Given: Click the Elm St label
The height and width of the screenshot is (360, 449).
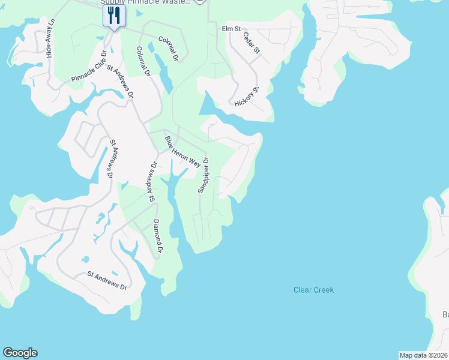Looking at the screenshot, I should [x=231, y=28].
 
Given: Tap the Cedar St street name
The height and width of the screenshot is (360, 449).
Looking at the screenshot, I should [x=251, y=44].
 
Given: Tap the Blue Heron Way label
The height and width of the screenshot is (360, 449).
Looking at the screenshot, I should [x=182, y=151].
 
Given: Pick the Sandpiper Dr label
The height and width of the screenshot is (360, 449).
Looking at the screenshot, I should [x=203, y=175].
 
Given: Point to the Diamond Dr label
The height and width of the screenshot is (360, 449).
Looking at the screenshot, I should [x=158, y=235].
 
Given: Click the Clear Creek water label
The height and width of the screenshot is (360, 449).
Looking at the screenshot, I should [x=313, y=290].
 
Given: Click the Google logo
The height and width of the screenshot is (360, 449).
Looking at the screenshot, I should [x=20, y=353].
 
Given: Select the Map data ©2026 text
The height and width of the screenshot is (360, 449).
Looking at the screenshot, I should [x=423, y=355].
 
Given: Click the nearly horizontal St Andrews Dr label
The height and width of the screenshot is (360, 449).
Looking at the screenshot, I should [x=107, y=281].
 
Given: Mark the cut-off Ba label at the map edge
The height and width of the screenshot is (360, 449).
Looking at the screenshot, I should [x=445, y=314].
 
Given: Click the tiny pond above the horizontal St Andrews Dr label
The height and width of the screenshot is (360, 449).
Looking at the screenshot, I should [x=86, y=260].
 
